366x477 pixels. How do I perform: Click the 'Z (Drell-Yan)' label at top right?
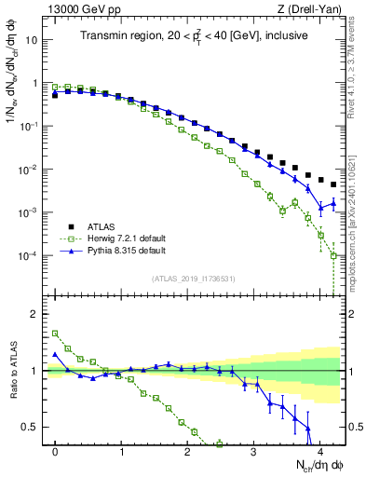pos(312,9)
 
